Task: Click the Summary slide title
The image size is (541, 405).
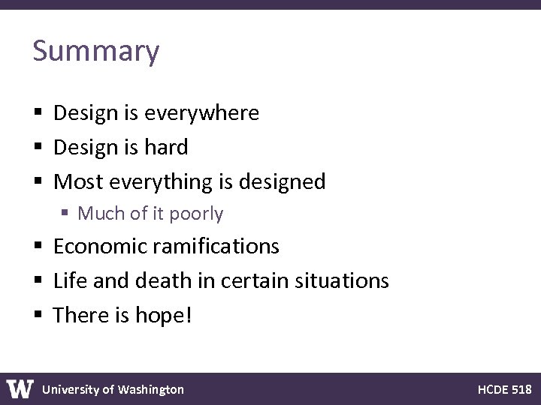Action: (96, 52)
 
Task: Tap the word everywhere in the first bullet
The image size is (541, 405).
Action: (201, 113)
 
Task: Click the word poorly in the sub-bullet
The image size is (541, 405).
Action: (196, 214)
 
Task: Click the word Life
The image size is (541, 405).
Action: (68, 280)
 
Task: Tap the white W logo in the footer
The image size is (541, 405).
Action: (20, 388)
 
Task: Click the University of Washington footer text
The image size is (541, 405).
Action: (113, 389)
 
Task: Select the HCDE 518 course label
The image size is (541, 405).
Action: (504, 389)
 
